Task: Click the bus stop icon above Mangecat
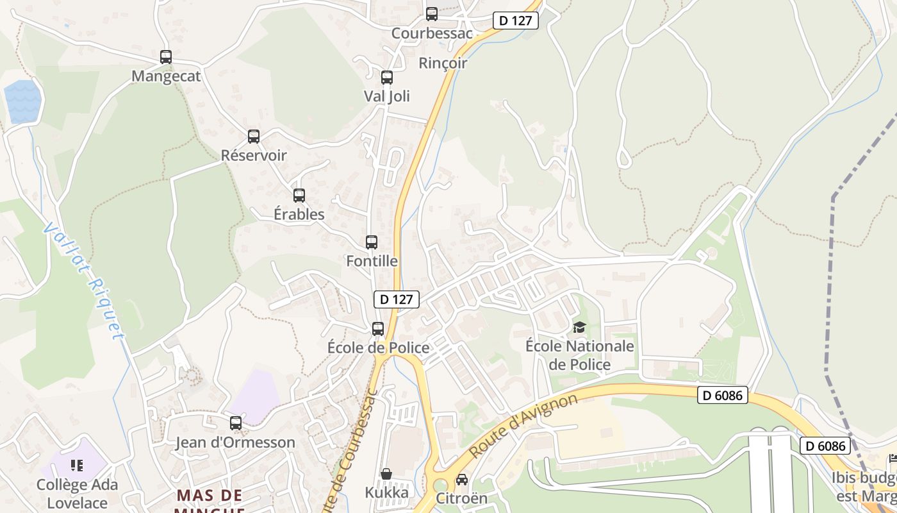(166, 57)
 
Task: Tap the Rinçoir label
(443, 63)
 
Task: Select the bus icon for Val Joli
(387, 78)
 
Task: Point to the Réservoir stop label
(254, 155)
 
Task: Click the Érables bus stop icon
(299, 196)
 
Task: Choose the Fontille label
(372, 261)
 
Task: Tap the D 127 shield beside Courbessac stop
(516, 21)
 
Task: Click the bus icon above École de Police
(378, 329)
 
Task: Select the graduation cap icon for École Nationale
(579, 328)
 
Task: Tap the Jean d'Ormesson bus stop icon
(236, 423)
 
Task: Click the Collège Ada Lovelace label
(78, 492)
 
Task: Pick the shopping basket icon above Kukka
(386, 474)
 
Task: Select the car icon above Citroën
(461, 479)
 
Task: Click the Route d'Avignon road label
(523, 426)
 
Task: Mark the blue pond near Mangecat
(23, 101)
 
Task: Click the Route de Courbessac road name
(350, 449)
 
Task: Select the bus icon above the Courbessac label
(432, 13)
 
